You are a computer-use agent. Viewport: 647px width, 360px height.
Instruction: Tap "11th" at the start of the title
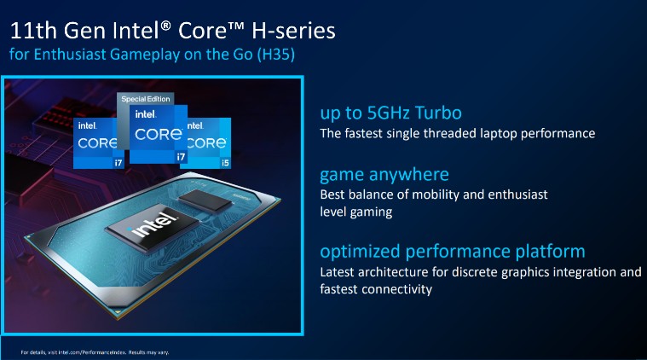[x=36, y=32]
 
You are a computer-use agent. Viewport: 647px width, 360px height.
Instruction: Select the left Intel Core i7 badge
[x=95, y=141]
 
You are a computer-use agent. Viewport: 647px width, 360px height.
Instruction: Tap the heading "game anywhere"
[x=384, y=175]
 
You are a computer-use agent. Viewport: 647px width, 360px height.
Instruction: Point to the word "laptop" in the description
[x=502, y=133]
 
